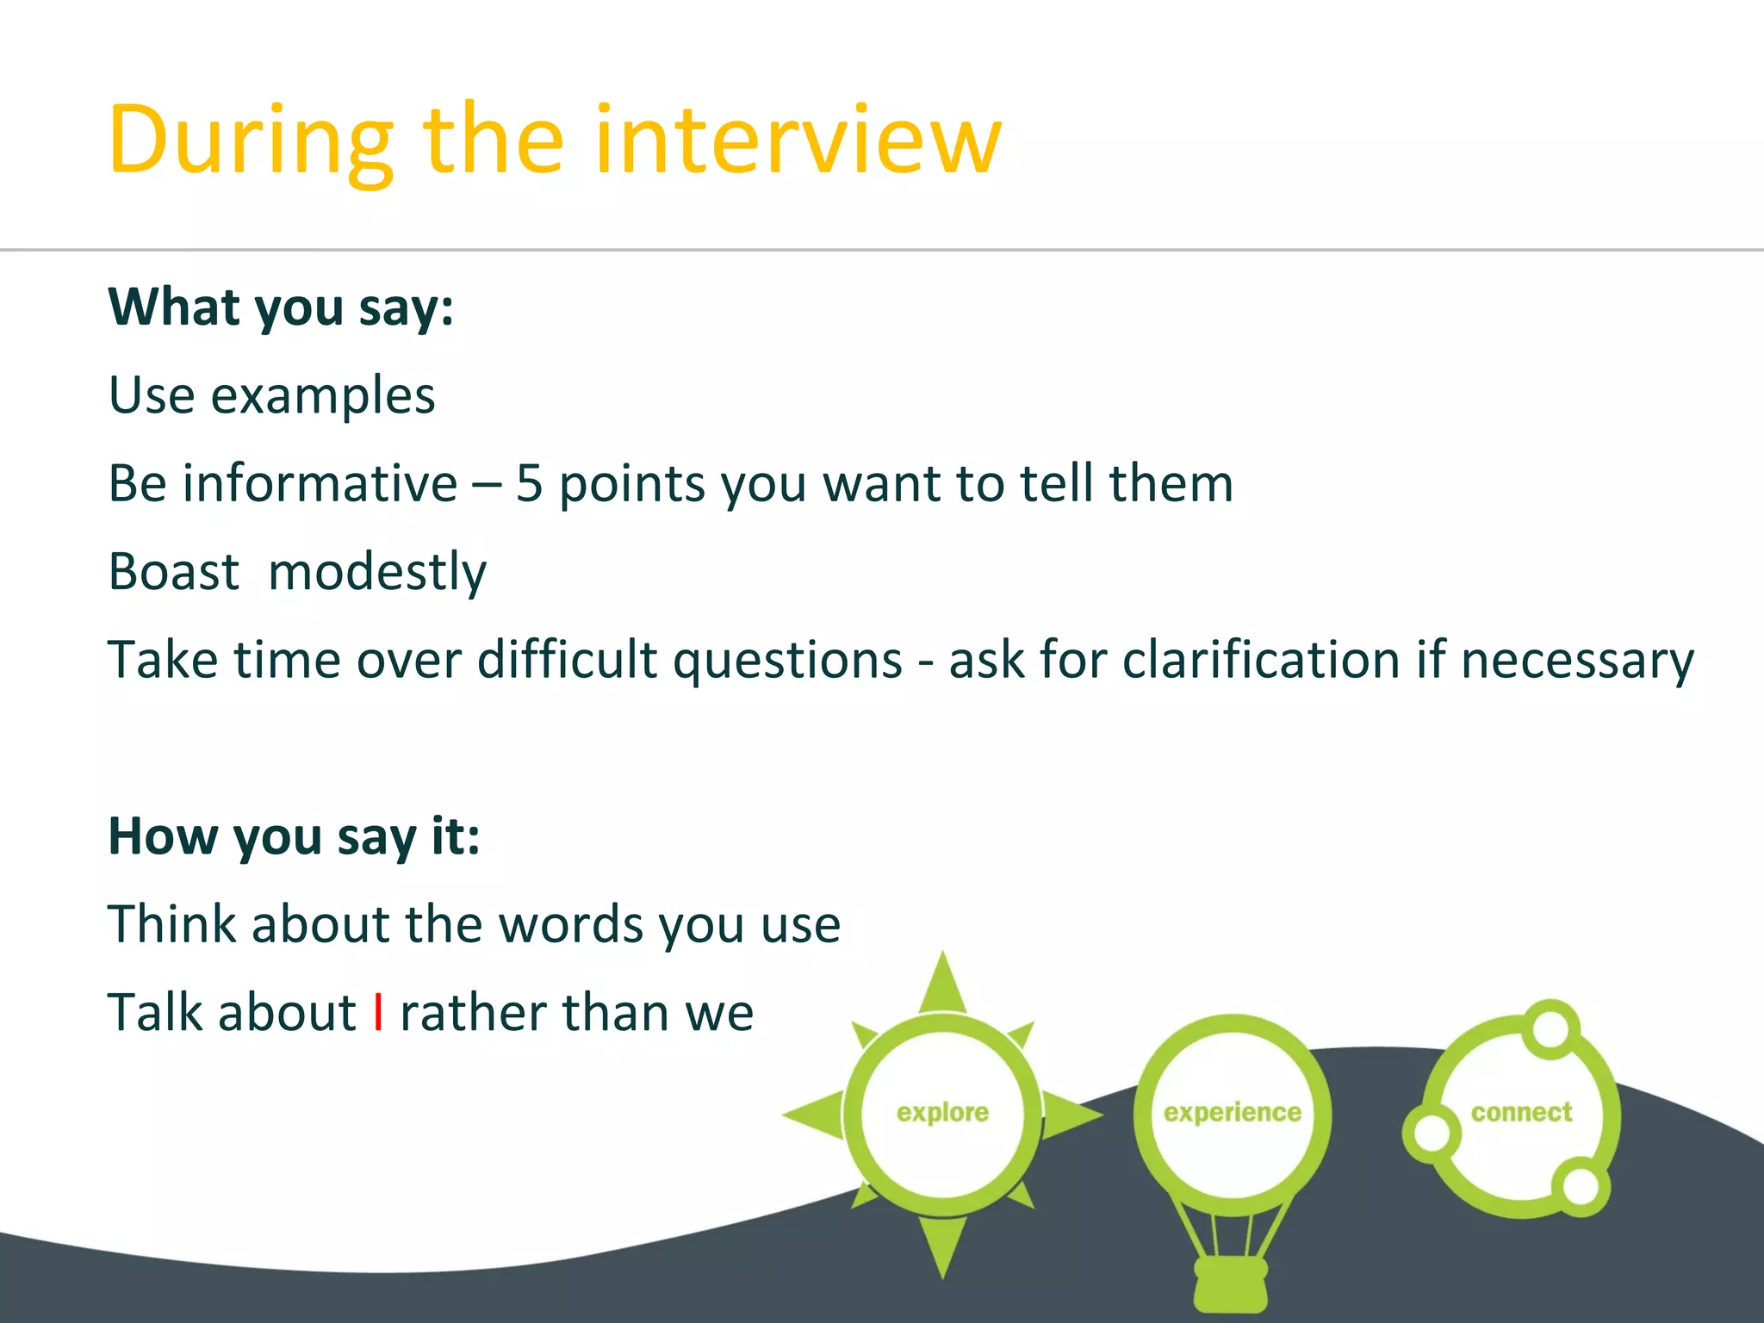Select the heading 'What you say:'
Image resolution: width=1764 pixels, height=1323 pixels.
point(281,308)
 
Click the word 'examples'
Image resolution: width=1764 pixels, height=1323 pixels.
point(323,396)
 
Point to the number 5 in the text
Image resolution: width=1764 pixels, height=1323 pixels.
point(529,483)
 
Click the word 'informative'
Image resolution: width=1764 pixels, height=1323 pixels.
point(320,483)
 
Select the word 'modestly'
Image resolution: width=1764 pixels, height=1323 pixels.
point(377,574)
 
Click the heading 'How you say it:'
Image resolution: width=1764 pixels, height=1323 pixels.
point(294,836)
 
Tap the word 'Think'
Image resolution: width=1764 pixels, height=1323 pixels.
point(171,924)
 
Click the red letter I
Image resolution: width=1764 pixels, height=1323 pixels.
point(378,1012)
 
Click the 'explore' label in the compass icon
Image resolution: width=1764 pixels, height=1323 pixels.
point(942,1113)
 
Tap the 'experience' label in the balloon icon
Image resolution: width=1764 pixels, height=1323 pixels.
point(1232,1113)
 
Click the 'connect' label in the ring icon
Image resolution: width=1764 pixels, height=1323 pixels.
point(1521,1113)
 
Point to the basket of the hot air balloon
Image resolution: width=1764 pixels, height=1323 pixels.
point(1231,1284)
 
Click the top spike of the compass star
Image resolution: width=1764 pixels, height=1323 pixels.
point(943,982)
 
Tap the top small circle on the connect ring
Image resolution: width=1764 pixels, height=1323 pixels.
point(1550,1028)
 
